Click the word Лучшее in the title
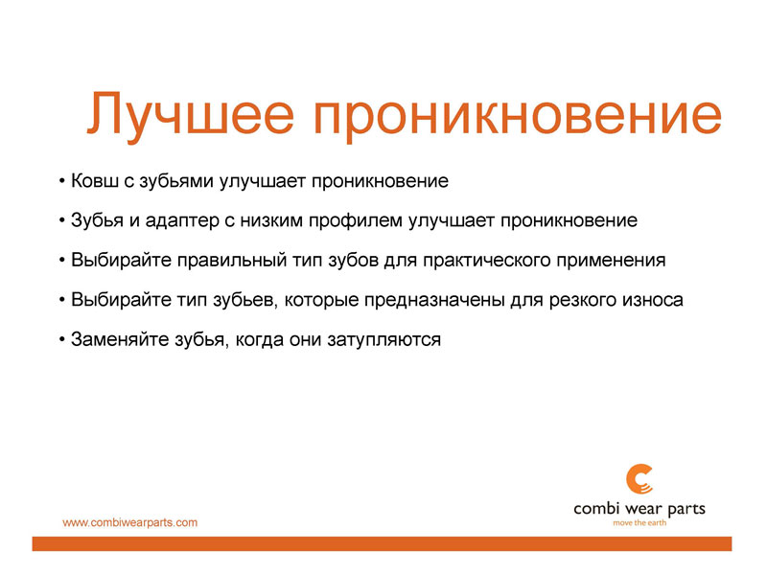(x=190, y=114)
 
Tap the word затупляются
(x=384, y=340)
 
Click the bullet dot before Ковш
(x=61, y=182)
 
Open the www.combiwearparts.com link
(x=130, y=522)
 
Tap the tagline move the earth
(x=639, y=523)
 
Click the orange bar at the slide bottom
(x=382, y=543)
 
